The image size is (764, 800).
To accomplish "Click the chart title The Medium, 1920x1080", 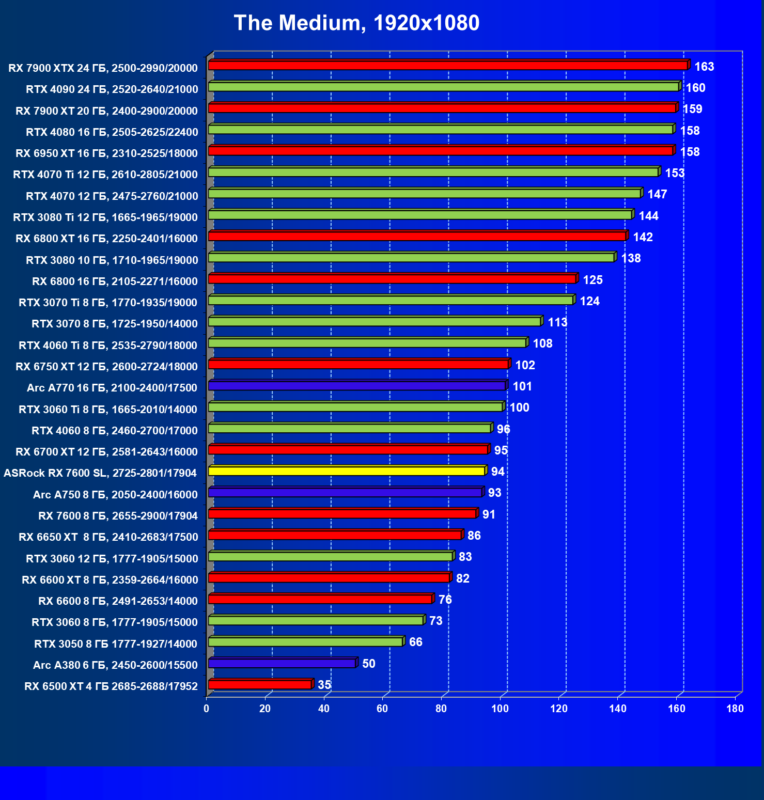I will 356,23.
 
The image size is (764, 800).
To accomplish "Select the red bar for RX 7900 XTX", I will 447,66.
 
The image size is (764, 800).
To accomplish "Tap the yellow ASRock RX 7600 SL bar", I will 346,471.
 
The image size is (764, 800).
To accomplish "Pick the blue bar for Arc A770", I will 356,386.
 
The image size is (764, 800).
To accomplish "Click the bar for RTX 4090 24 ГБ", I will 443,87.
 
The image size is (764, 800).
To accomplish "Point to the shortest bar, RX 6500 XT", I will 260,685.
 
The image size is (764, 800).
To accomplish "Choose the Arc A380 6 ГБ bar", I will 282,663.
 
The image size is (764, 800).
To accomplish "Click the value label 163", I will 704,67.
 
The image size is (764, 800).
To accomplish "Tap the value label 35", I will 324,685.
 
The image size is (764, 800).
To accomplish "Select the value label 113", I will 557,322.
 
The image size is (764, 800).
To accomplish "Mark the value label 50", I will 369,664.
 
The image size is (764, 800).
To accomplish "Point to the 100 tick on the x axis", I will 500,709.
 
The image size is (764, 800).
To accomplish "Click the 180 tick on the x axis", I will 735,709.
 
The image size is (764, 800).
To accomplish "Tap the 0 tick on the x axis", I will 207,709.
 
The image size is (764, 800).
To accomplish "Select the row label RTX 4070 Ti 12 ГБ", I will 105,175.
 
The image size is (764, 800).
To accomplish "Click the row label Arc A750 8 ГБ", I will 115,495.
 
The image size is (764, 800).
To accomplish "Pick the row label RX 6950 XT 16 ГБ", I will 106,153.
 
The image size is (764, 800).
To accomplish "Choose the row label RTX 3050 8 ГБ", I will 116,644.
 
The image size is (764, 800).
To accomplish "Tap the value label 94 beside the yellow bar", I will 497,472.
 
